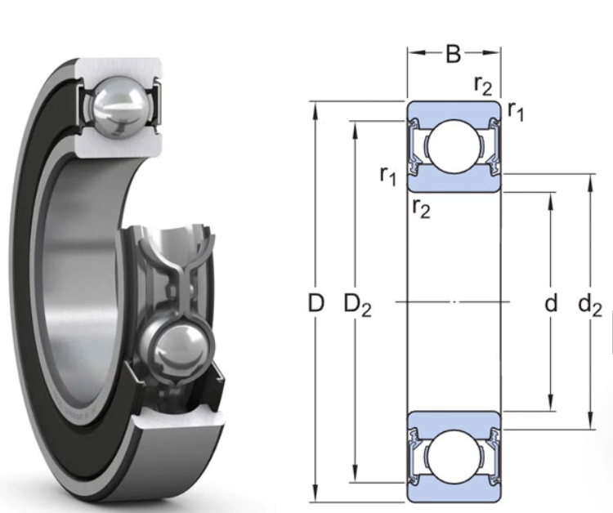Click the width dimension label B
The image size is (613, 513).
(454, 55)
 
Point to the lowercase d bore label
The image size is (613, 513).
(551, 304)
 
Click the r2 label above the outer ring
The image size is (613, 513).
(482, 83)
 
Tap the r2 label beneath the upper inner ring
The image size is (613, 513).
(421, 208)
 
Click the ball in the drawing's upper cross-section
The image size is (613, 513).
(454, 148)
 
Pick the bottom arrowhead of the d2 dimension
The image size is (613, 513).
(590, 422)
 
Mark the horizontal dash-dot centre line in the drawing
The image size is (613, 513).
(454, 303)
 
